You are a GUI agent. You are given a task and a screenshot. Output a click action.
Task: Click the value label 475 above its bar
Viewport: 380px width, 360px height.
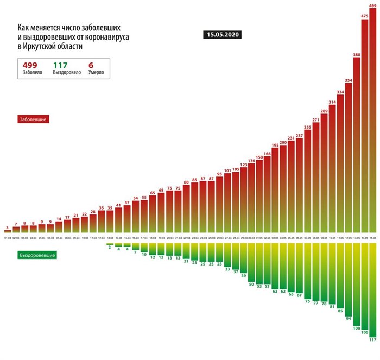365,16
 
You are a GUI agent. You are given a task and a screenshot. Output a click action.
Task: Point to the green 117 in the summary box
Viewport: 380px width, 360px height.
60,65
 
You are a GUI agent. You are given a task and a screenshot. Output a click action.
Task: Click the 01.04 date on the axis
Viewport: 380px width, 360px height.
7,238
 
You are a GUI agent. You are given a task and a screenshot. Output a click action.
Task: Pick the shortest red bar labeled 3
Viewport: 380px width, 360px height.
7,232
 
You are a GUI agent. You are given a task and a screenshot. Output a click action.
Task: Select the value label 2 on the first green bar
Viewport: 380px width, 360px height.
109,247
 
